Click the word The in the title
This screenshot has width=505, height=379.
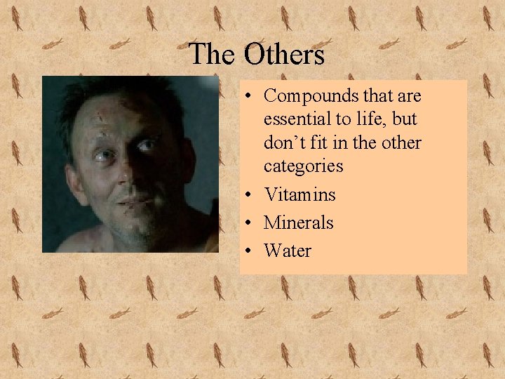coord(213,54)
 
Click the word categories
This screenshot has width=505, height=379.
coord(303,166)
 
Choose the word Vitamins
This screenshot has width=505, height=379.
coord(299,194)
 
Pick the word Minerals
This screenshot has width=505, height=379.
coord(298,222)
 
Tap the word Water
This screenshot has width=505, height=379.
coord(288,251)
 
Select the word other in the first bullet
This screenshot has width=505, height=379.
coord(402,142)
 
